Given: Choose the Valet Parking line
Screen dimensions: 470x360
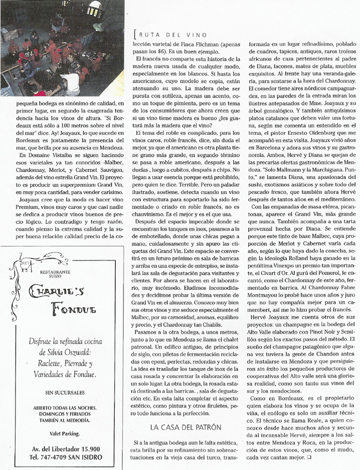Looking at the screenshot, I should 63,433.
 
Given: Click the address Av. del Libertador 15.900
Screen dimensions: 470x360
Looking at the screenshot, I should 63,449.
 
